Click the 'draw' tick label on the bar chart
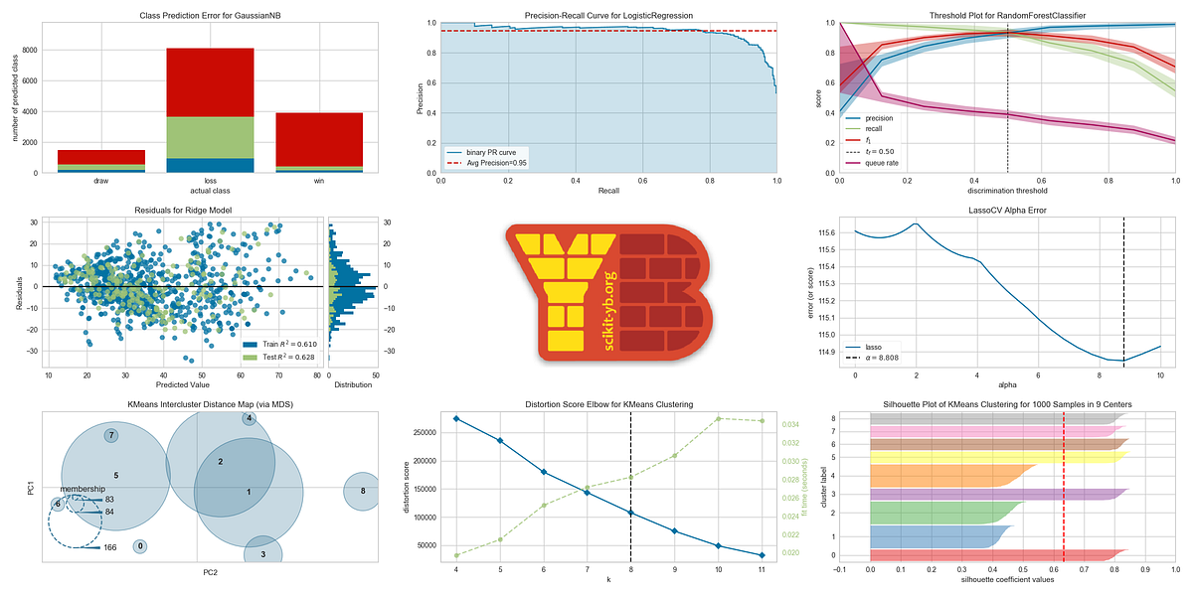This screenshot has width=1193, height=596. (100, 181)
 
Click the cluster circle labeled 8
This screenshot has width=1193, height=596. (363, 491)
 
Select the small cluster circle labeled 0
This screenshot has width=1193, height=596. (140, 545)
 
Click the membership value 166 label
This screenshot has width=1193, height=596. (109, 547)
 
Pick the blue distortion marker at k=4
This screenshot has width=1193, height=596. (456, 418)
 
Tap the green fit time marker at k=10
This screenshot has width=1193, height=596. (718, 418)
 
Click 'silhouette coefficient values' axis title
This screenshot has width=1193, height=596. (1008, 579)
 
